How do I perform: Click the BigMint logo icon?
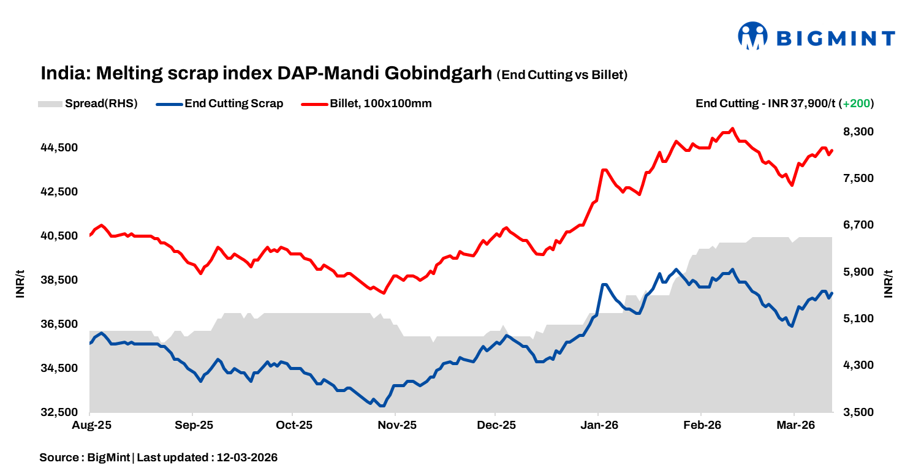coord(753,36)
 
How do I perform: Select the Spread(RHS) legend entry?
coord(88,104)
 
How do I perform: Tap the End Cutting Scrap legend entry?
coord(221,104)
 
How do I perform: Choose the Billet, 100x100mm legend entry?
coord(367,104)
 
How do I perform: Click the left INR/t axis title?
coord(20,283)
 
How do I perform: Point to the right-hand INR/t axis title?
coord(888,283)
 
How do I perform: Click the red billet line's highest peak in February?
coord(733,129)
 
